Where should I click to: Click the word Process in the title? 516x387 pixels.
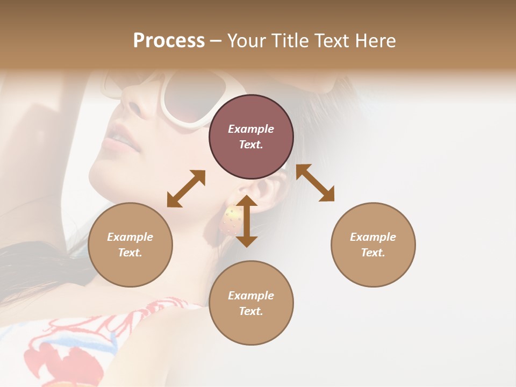169,41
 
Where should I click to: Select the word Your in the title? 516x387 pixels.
245,41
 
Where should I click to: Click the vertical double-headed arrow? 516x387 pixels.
247,221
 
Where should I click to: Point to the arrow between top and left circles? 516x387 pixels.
186,188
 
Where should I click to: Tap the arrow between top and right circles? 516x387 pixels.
315,183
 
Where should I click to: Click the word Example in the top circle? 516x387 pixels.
251,129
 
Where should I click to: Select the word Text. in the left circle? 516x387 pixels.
130,253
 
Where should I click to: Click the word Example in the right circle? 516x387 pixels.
373,237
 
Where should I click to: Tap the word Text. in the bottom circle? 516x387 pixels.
251,311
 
